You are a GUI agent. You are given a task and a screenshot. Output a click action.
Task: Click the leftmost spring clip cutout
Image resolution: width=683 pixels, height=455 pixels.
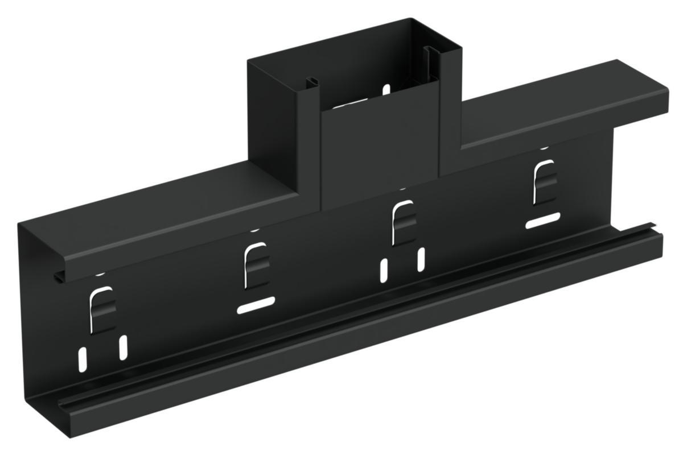(103, 308)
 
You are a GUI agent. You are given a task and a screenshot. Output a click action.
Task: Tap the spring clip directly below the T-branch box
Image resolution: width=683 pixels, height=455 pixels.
(404, 222)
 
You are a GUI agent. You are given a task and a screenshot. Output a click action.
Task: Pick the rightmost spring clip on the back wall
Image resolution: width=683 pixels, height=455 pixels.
(543, 183)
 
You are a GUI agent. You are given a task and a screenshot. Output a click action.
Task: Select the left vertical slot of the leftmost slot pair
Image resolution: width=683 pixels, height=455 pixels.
(83, 357)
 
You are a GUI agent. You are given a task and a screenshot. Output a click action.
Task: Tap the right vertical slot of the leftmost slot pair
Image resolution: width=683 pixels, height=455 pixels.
(123, 347)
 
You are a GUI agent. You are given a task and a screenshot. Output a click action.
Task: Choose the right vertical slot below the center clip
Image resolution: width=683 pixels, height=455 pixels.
(421, 259)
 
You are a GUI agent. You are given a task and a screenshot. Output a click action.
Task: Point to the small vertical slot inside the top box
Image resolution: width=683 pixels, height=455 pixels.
(386, 89)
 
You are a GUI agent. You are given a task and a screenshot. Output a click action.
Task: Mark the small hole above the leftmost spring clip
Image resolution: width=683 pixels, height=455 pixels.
(100, 274)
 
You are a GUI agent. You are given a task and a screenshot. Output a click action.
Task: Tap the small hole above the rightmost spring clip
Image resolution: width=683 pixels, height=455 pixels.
(544, 147)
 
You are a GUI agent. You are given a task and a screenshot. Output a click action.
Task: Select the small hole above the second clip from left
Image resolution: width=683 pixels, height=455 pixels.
(254, 230)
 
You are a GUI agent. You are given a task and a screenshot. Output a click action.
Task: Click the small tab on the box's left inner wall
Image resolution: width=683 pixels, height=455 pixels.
(310, 82)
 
